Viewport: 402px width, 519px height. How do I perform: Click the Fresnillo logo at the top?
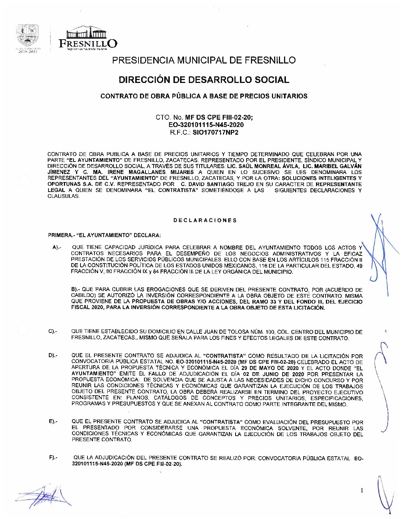click(88, 38)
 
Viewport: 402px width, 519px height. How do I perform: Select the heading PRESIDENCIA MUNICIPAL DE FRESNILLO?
click(204, 60)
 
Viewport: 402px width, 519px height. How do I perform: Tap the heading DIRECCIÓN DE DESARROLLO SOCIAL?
click(204, 80)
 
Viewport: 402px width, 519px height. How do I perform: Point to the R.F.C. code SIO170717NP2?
click(215, 132)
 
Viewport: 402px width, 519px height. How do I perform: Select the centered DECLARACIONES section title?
click(205, 220)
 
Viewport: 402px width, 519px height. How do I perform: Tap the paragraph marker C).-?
click(52, 331)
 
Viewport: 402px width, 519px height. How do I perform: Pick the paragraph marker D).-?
click(52, 356)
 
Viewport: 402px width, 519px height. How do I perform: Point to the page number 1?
click(362, 490)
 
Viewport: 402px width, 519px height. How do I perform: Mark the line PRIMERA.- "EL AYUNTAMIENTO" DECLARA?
click(104, 235)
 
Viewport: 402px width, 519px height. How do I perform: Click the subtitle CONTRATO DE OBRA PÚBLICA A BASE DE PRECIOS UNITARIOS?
click(204, 96)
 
